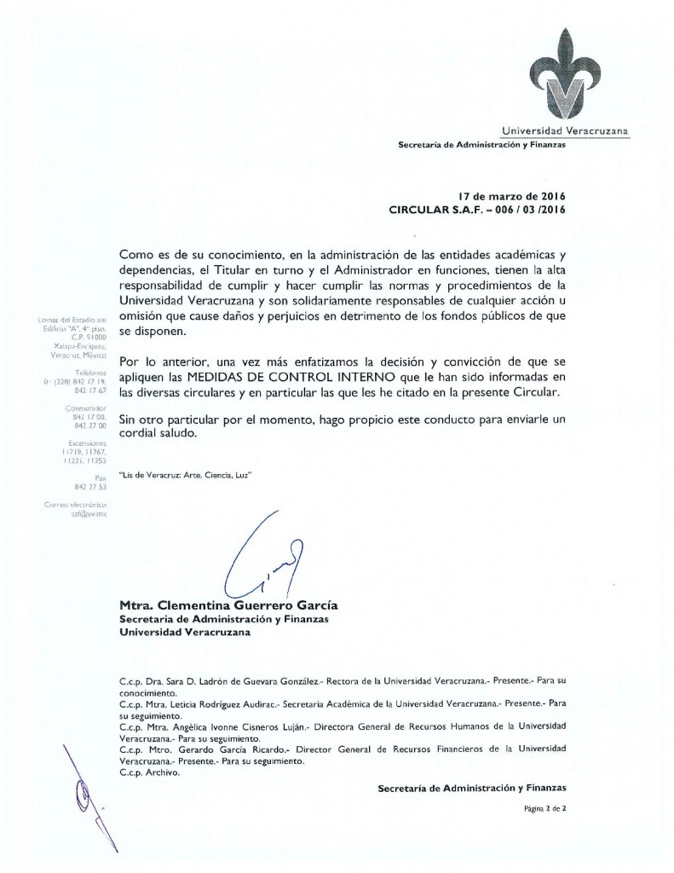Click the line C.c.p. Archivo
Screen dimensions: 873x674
147,772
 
